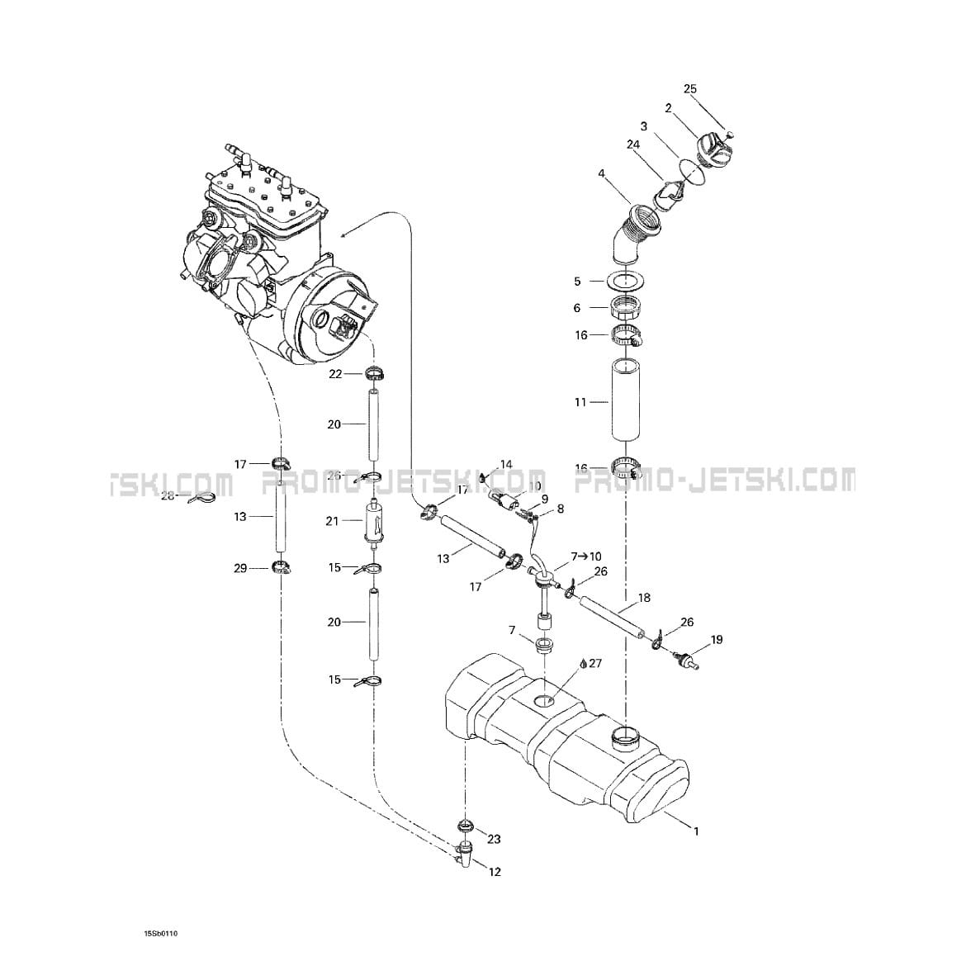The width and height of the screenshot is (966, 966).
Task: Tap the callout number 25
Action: point(690,89)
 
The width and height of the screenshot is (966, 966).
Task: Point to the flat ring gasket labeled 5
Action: point(627,281)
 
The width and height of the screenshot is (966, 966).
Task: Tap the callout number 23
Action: point(494,840)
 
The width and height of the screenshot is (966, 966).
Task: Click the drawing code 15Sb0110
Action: point(161,934)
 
